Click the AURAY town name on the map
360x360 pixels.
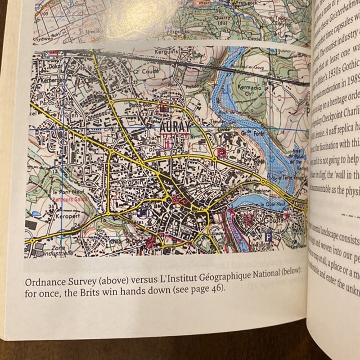pos(175,127)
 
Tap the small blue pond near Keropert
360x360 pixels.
pos(36,214)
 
